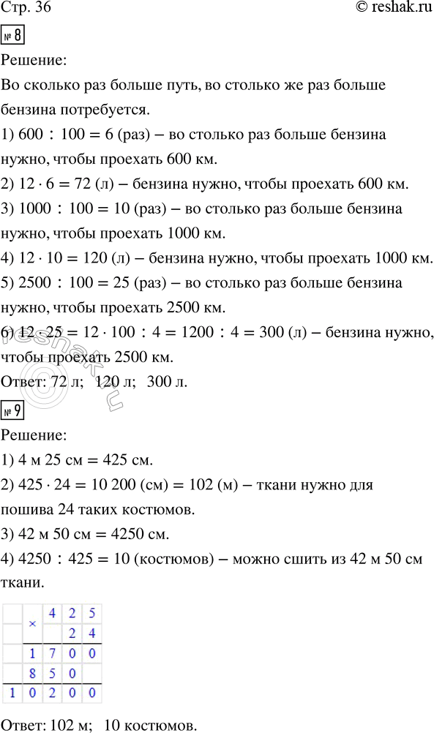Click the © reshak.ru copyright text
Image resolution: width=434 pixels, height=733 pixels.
385,10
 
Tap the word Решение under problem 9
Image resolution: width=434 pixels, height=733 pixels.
34,436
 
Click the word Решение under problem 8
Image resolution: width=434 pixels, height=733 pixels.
34,61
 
